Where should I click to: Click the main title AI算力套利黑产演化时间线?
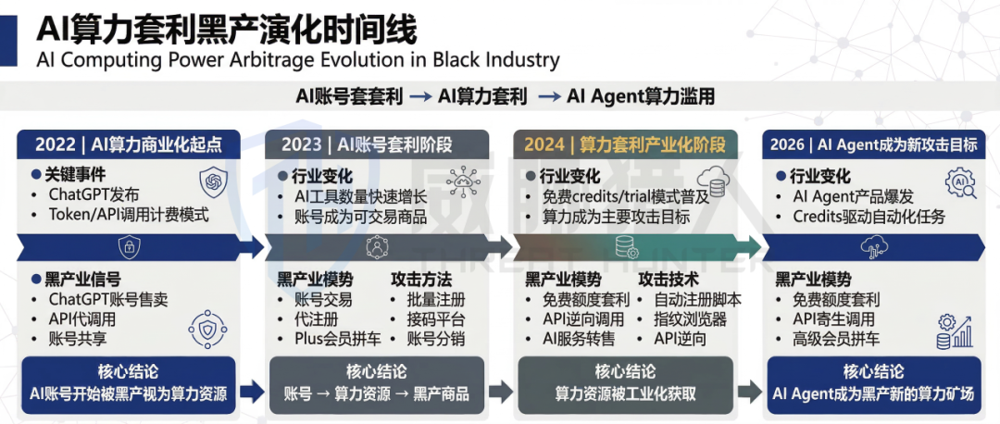pos(227,28)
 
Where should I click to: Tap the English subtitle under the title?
pos(298,60)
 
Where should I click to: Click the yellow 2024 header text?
pos(625,144)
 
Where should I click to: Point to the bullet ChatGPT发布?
pos(94,194)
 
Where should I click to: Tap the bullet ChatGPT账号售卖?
pos(108,300)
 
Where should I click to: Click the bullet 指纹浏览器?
pos(690,319)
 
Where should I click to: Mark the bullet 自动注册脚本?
pos(697,300)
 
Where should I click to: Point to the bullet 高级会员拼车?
pos(836,339)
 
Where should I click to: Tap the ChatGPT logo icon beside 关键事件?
pos(213,181)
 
